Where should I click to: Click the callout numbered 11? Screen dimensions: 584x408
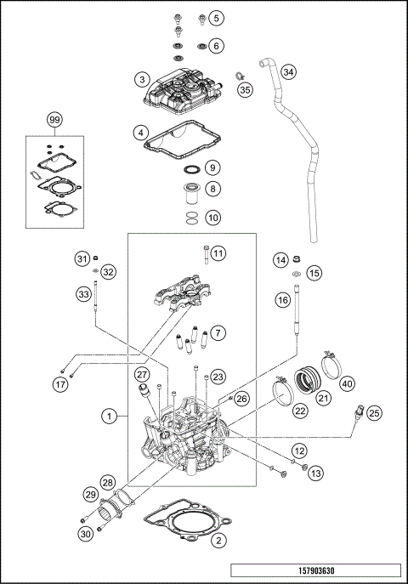click(x=218, y=253)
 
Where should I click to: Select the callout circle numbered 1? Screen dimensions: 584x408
click(x=110, y=416)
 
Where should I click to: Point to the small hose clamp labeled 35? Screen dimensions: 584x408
click(x=241, y=76)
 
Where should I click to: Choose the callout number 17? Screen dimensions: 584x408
click(x=60, y=383)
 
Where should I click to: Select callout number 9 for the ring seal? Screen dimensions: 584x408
click(x=212, y=167)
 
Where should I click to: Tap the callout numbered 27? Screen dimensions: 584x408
click(x=142, y=373)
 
